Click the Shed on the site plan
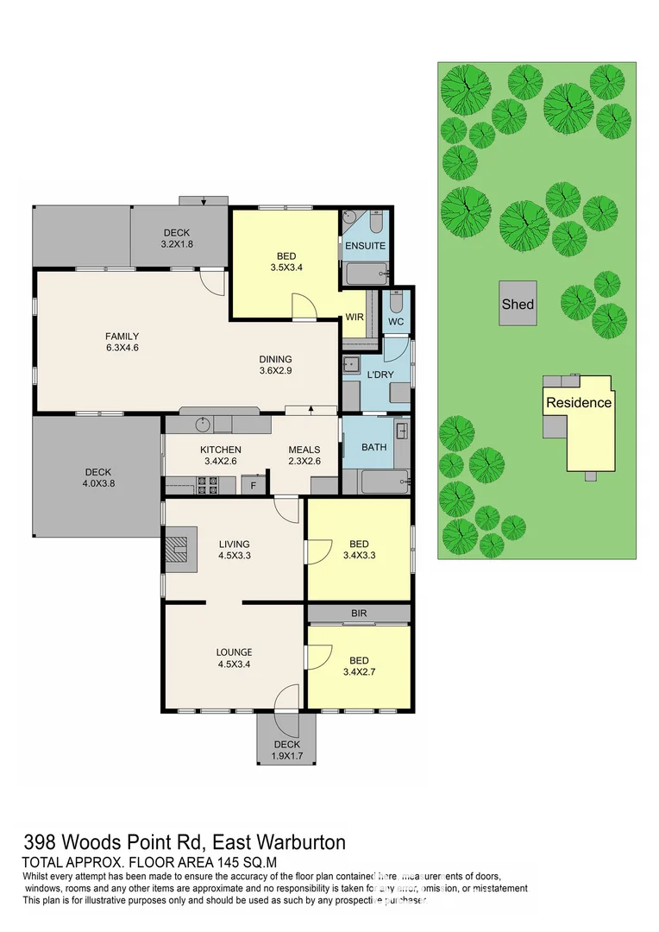tap(518, 304)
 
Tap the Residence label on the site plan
tap(578, 402)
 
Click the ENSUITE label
tap(366, 246)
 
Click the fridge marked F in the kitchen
tap(254, 485)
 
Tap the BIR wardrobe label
tap(359, 614)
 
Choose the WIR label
tap(355, 318)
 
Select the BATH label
tap(373, 447)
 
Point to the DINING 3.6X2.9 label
tap(276, 366)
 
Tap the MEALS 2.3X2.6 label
tap(304, 456)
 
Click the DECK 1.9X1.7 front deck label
tap(286, 750)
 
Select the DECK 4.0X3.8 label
tap(97, 478)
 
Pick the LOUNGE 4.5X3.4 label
tap(234, 658)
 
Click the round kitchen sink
tap(202, 424)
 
